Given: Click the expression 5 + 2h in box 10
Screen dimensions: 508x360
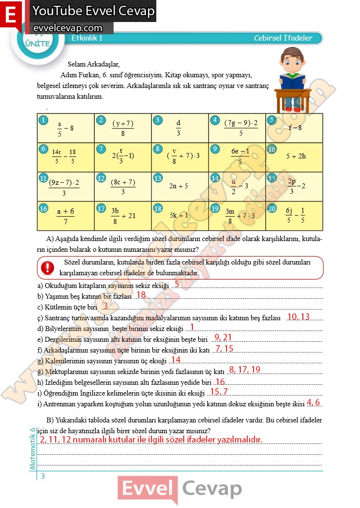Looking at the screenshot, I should [x=296, y=156].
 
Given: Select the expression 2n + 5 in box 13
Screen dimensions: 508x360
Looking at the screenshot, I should [x=178, y=186].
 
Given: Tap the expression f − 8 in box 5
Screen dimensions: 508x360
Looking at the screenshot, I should [x=295, y=128].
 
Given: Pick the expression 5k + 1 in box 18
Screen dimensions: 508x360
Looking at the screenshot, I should [x=179, y=215].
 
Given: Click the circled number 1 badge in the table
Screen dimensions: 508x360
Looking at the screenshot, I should [x=43, y=120].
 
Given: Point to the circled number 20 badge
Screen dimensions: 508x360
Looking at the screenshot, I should [x=272, y=208].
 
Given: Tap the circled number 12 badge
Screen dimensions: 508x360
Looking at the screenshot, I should [x=101, y=178].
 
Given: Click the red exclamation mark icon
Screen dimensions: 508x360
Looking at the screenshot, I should [x=48, y=267].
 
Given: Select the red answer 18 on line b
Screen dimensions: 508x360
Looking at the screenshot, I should [x=141, y=295].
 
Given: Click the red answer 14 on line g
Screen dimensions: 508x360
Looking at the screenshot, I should [x=175, y=360].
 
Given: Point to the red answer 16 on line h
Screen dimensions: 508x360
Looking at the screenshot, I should [x=220, y=381].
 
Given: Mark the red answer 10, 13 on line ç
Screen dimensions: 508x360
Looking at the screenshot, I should [x=298, y=317].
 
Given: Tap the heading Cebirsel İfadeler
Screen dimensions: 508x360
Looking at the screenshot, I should [x=283, y=38].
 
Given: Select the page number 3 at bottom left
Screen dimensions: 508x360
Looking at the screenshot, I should [x=43, y=476].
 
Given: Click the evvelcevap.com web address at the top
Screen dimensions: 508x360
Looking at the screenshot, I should [x=68, y=28].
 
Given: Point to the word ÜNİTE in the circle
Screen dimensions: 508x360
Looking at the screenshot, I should [x=37, y=43].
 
